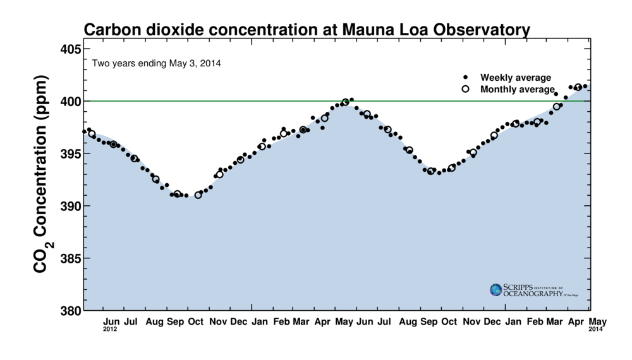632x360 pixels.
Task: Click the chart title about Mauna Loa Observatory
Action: click(x=307, y=30)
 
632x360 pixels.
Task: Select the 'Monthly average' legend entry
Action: click(x=517, y=89)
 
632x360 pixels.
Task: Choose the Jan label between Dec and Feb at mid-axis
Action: click(x=260, y=322)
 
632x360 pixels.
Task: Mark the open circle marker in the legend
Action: click(x=466, y=89)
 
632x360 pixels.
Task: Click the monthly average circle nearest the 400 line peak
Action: click(x=345, y=102)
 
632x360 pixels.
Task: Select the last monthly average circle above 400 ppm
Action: click(x=578, y=87)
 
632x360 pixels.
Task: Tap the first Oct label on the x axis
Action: click(x=196, y=322)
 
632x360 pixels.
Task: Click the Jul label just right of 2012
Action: click(x=131, y=322)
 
